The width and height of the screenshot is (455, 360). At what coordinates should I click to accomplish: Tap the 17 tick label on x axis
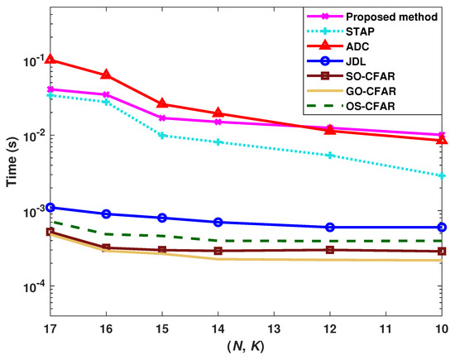coord(50,329)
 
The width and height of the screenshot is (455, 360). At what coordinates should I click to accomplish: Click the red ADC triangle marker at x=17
coord(50,60)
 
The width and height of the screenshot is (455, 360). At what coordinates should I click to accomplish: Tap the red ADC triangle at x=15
coord(162,103)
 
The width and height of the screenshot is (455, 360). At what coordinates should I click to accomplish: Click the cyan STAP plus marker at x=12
coord(330,155)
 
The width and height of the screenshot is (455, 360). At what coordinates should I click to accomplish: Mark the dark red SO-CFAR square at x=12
coord(330,249)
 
